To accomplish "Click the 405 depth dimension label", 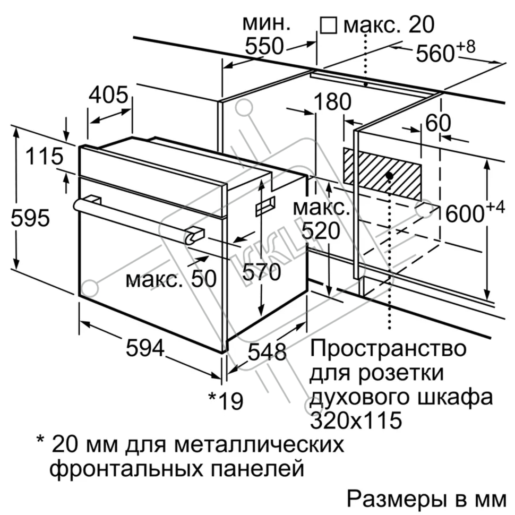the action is (x=109, y=95).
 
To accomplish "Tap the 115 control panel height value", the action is (x=44, y=156).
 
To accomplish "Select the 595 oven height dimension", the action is (x=30, y=218).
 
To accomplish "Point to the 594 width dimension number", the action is (x=145, y=348).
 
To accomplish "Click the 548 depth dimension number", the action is (x=267, y=352).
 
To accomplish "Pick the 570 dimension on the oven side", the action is (x=261, y=272).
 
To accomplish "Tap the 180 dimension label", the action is (x=332, y=101).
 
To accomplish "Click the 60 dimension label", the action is (x=438, y=123).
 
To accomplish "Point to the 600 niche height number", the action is (x=465, y=213).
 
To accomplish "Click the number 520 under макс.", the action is (x=321, y=231).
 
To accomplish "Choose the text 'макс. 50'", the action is (x=171, y=279).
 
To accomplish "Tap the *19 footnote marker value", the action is (x=226, y=401).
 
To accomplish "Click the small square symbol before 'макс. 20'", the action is (x=329, y=25).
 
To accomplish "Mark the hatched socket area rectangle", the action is (x=382, y=174).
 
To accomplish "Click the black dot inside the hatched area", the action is (x=390, y=176).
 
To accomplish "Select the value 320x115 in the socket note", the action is (x=356, y=420).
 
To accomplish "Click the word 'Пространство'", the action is (x=388, y=348).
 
